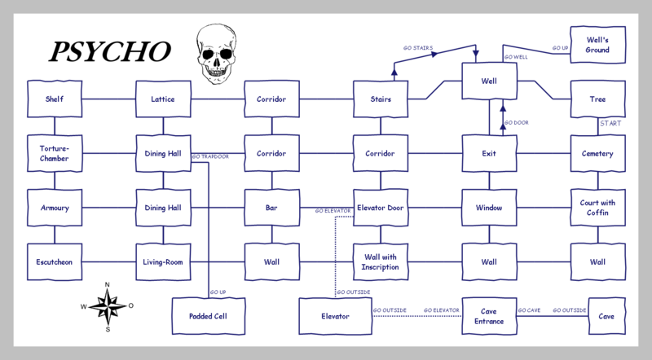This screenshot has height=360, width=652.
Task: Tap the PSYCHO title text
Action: (109, 52)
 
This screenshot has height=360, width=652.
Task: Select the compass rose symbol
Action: (108, 305)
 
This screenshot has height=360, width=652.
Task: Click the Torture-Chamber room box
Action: (54, 153)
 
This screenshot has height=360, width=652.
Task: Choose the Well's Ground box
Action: (599, 45)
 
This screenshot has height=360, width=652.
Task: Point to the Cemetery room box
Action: (599, 153)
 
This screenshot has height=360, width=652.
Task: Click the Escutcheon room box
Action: (54, 262)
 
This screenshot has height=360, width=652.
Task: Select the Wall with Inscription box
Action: (381, 262)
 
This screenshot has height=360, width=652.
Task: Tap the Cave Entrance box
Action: (490, 316)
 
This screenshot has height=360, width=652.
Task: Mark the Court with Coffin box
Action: (599, 208)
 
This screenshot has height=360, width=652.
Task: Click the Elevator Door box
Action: (381, 208)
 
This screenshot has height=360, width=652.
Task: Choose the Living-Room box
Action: (163, 262)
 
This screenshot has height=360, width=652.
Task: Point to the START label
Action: (610, 124)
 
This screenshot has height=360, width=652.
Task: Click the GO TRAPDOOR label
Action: (209, 156)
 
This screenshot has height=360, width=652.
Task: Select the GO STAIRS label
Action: (417, 48)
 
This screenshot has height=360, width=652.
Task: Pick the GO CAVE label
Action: (529, 310)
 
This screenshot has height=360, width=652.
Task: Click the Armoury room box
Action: (54, 208)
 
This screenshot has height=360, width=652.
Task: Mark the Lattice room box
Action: (163, 99)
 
